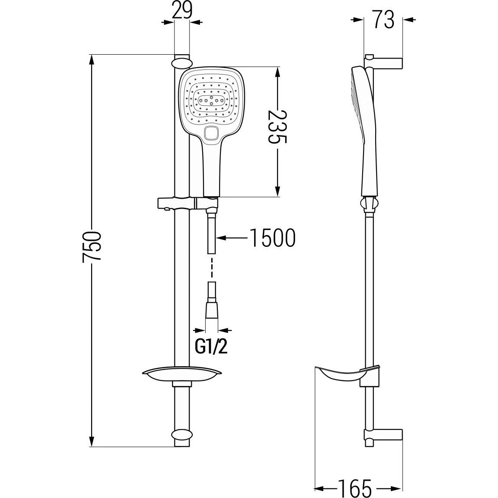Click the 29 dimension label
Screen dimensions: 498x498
pyautogui.click(x=182, y=10)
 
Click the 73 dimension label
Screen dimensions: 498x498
pyautogui.click(x=383, y=20)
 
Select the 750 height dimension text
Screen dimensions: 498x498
pyautogui.click(x=92, y=246)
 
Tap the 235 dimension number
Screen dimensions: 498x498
pyautogui.click(x=278, y=127)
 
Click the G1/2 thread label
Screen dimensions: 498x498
pyautogui.click(x=211, y=348)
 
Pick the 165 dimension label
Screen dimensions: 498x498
pyautogui.click(x=354, y=488)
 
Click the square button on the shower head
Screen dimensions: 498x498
pyautogui.click(x=211, y=133)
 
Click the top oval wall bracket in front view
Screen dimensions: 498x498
pyautogui.click(x=182, y=62)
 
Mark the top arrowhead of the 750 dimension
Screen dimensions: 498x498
pyautogui.click(x=92, y=60)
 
